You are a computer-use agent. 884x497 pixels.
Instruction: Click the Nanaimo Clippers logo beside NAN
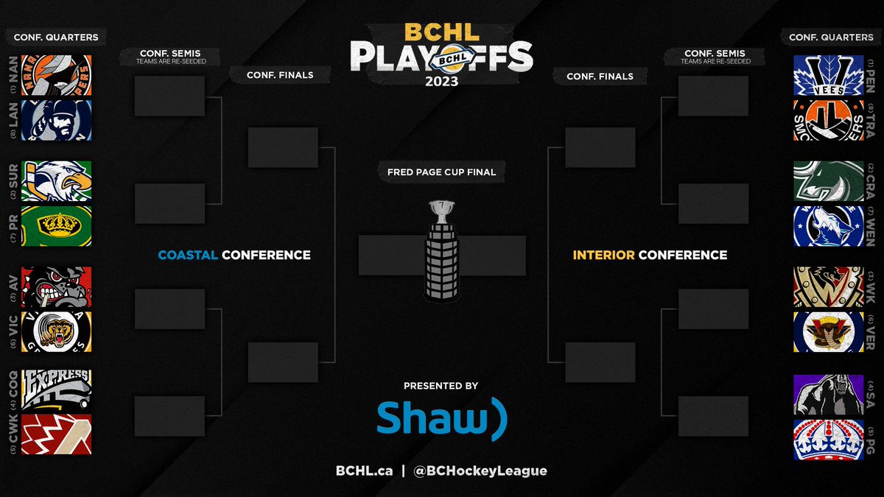point(57,75)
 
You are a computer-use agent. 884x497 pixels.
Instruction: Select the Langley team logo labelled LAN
point(57,120)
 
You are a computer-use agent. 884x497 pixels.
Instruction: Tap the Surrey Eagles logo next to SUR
point(57,181)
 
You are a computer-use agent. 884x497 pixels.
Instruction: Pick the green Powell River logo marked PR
point(57,226)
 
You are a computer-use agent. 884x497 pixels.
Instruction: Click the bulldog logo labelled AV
point(57,287)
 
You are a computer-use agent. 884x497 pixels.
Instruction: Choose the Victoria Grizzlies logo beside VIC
point(57,332)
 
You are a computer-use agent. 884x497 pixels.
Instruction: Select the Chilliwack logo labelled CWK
point(57,434)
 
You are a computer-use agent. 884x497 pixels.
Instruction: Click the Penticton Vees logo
point(829,75)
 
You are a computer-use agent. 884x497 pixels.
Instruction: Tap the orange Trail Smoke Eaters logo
point(829,120)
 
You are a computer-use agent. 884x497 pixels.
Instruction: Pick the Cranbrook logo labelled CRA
point(829,181)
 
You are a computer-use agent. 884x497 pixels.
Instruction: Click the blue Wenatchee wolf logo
point(829,226)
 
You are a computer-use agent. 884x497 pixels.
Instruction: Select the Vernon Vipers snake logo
point(829,332)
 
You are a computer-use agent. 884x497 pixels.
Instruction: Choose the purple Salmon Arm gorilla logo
point(829,394)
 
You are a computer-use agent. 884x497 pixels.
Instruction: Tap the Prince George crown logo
point(829,440)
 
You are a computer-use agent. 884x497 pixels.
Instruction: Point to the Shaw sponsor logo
point(441,418)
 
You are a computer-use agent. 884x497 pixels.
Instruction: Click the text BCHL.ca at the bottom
point(364,470)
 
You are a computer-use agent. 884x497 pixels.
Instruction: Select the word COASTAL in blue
point(188,255)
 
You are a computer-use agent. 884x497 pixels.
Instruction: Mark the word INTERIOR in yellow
point(603,255)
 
